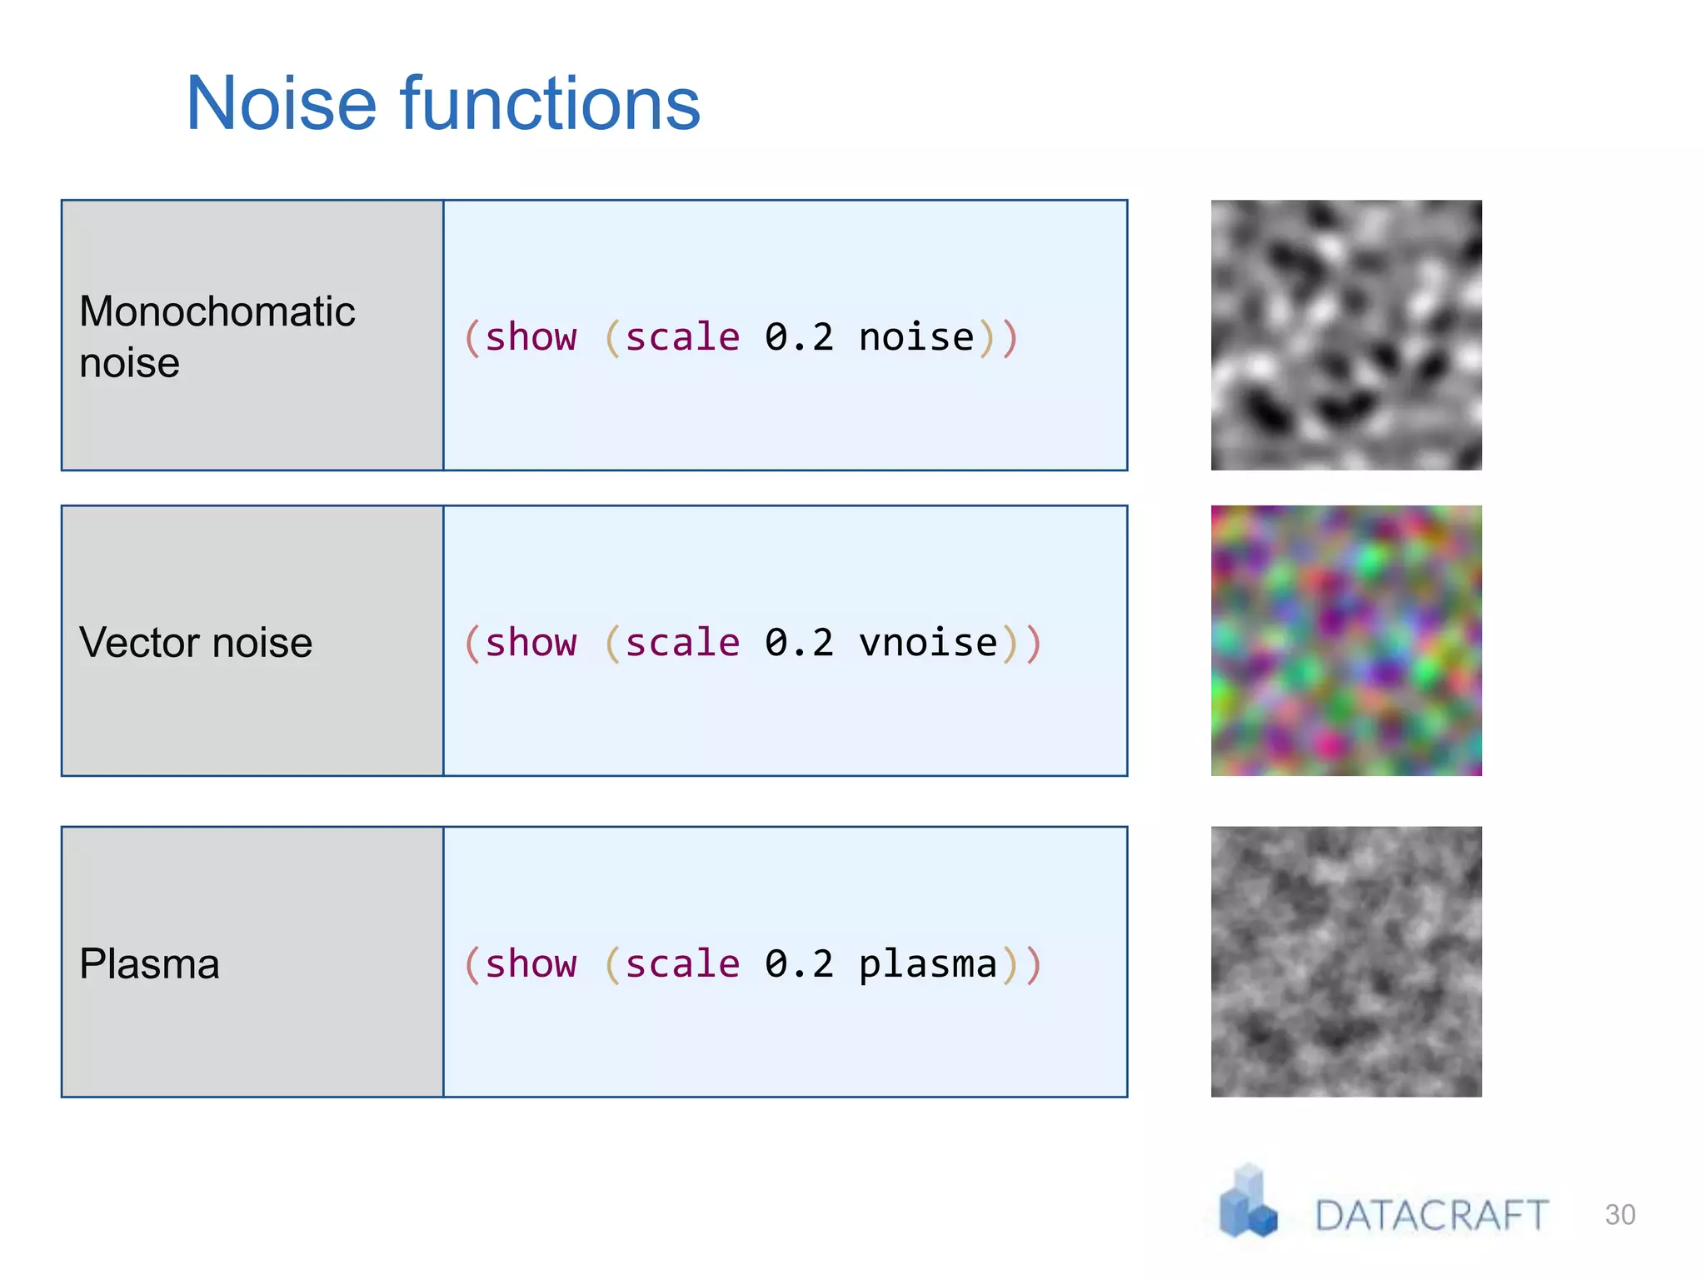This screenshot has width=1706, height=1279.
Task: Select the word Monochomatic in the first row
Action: tap(217, 311)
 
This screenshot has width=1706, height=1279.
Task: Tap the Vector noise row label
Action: tap(196, 643)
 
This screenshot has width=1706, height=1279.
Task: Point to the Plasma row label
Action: tap(149, 964)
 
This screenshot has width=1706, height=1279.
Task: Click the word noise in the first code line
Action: tap(916, 338)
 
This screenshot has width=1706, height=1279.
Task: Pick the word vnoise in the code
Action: tap(928, 643)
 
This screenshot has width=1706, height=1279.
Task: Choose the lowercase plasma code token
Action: tap(928, 964)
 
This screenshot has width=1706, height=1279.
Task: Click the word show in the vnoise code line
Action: tap(531, 643)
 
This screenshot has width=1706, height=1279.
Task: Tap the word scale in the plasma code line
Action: tap(682, 964)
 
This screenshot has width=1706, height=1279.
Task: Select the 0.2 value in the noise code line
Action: tap(799, 338)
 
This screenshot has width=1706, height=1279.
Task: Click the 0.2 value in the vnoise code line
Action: tap(799, 643)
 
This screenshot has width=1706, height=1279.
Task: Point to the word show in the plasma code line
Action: tap(531, 964)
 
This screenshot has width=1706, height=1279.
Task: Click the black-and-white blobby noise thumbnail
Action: tap(1346, 335)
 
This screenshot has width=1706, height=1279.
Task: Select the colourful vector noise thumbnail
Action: tap(1346, 640)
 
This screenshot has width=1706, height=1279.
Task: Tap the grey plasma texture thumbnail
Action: tap(1346, 962)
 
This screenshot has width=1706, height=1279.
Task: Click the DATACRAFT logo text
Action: tap(1431, 1216)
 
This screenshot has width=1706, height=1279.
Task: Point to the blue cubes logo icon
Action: tap(1247, 1202)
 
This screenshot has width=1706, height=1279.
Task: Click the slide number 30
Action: tap(1619, 1215)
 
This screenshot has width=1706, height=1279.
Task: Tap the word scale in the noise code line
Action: tap(682, 338)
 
